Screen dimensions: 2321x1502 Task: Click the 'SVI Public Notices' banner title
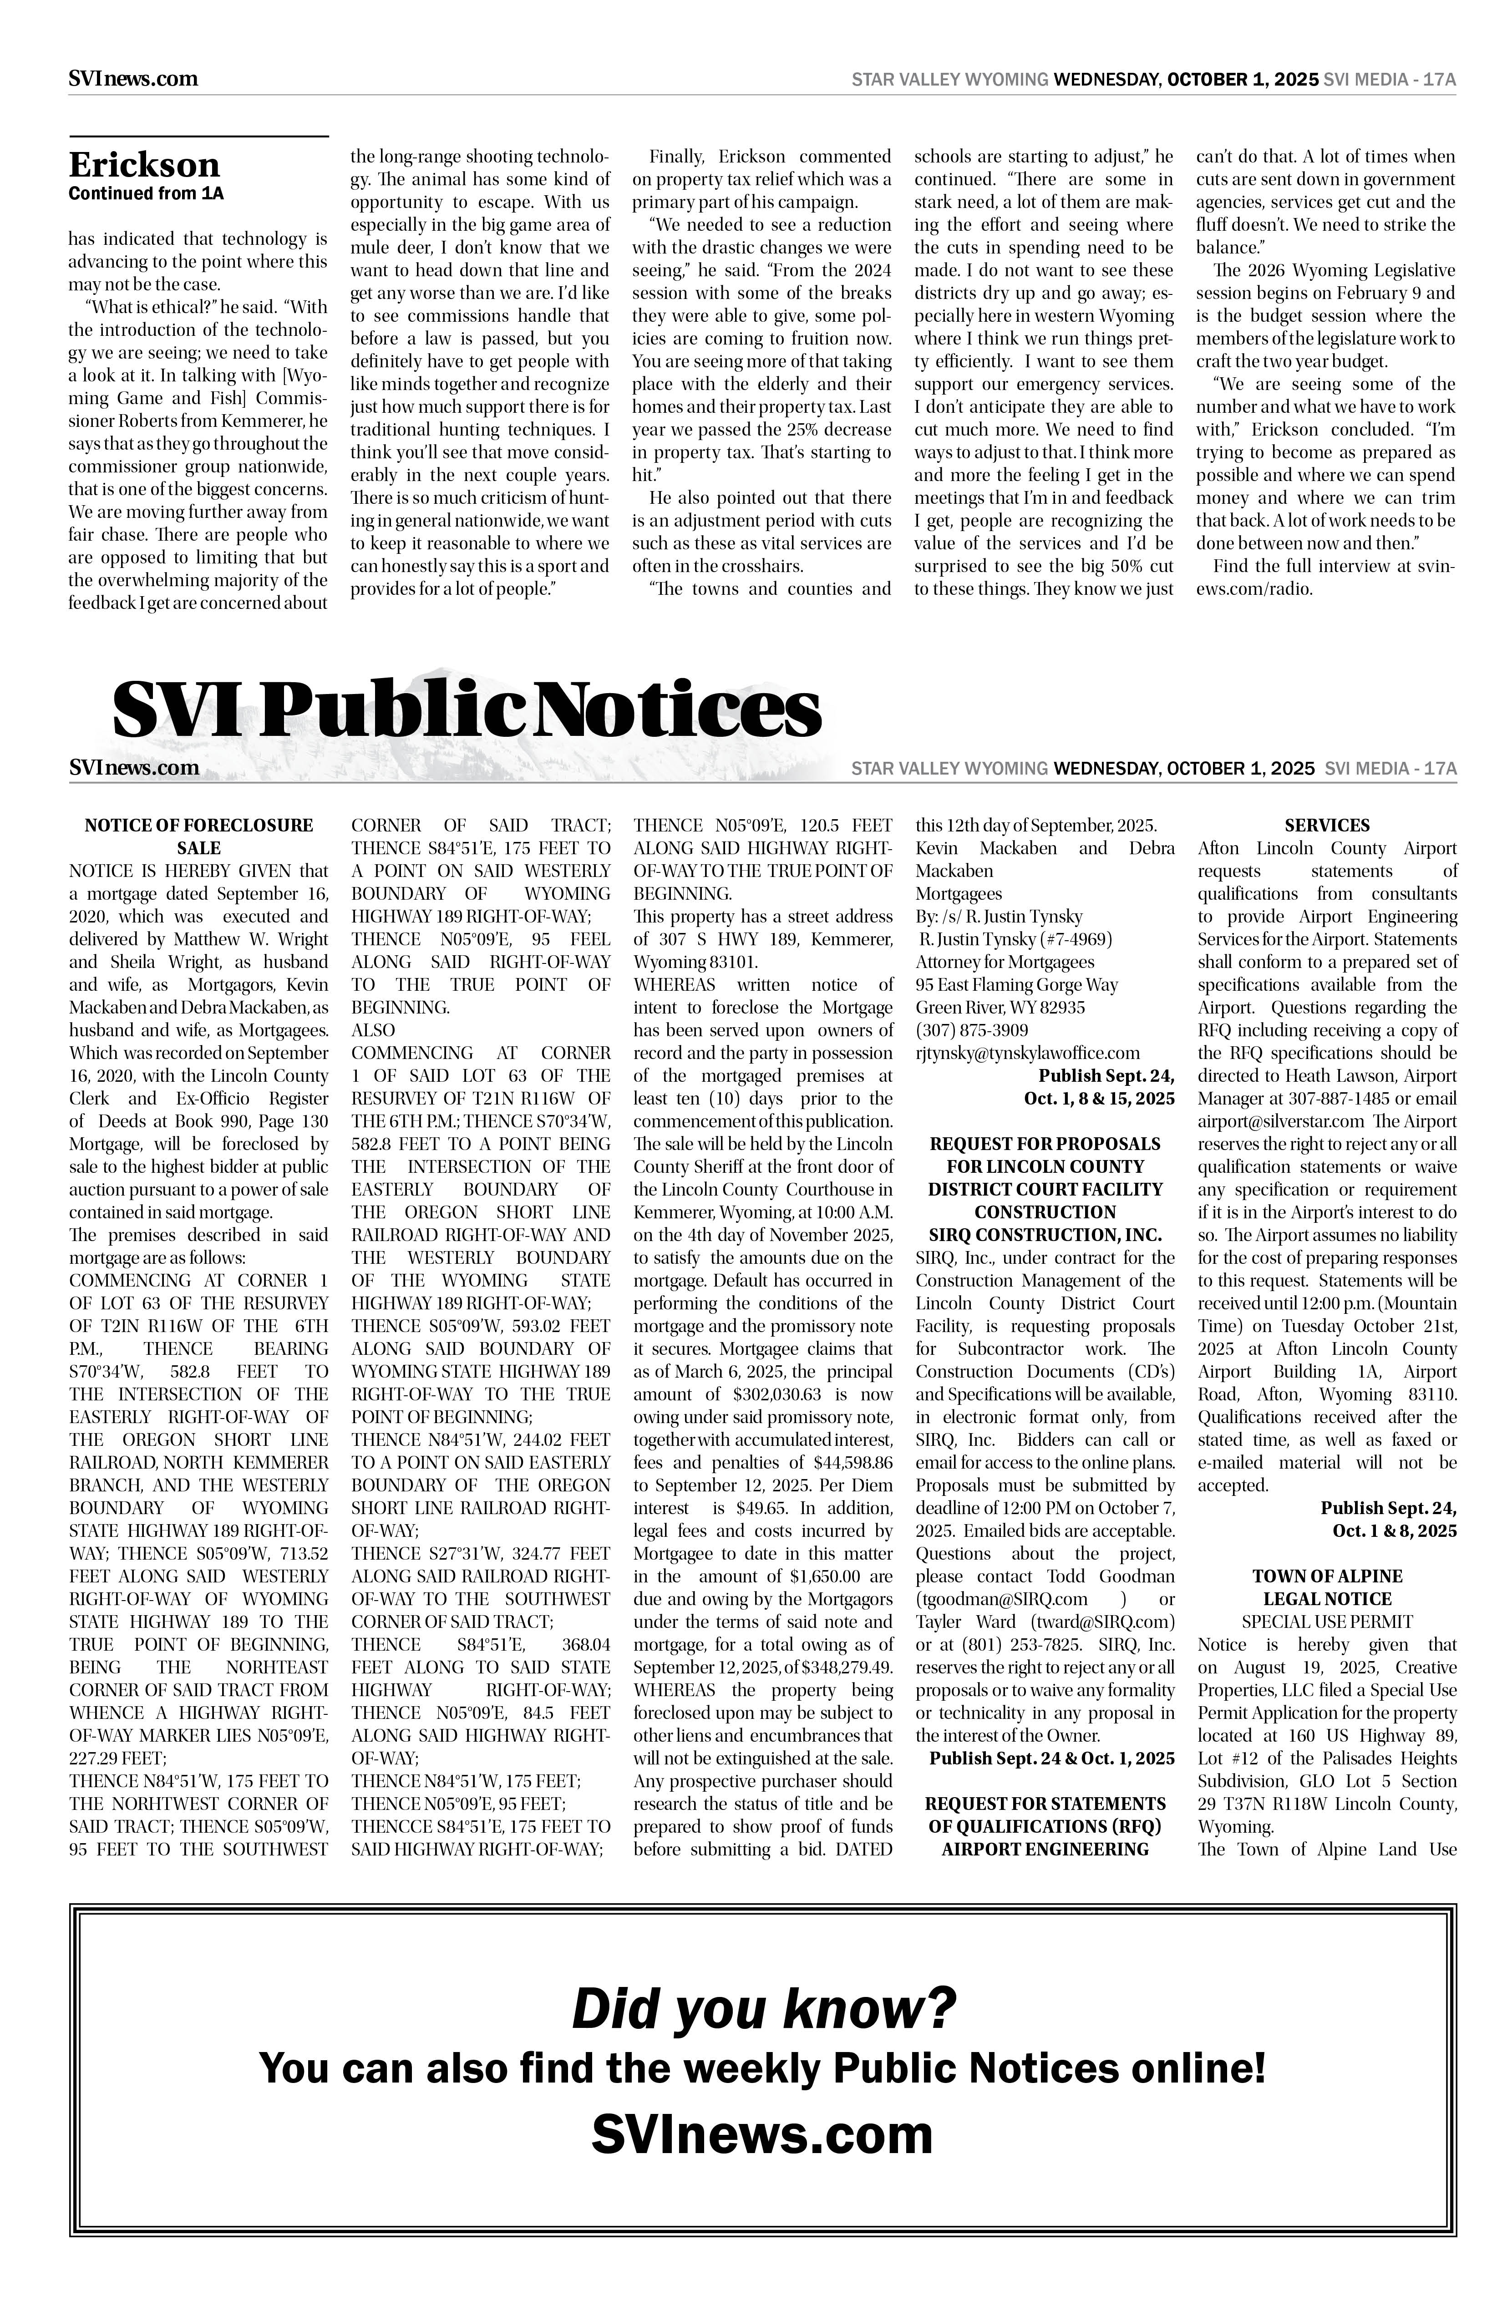(466, 711)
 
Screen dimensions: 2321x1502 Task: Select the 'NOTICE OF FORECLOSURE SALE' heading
(199, 836)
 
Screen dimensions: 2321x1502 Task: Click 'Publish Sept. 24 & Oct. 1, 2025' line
(1051, 1758)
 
